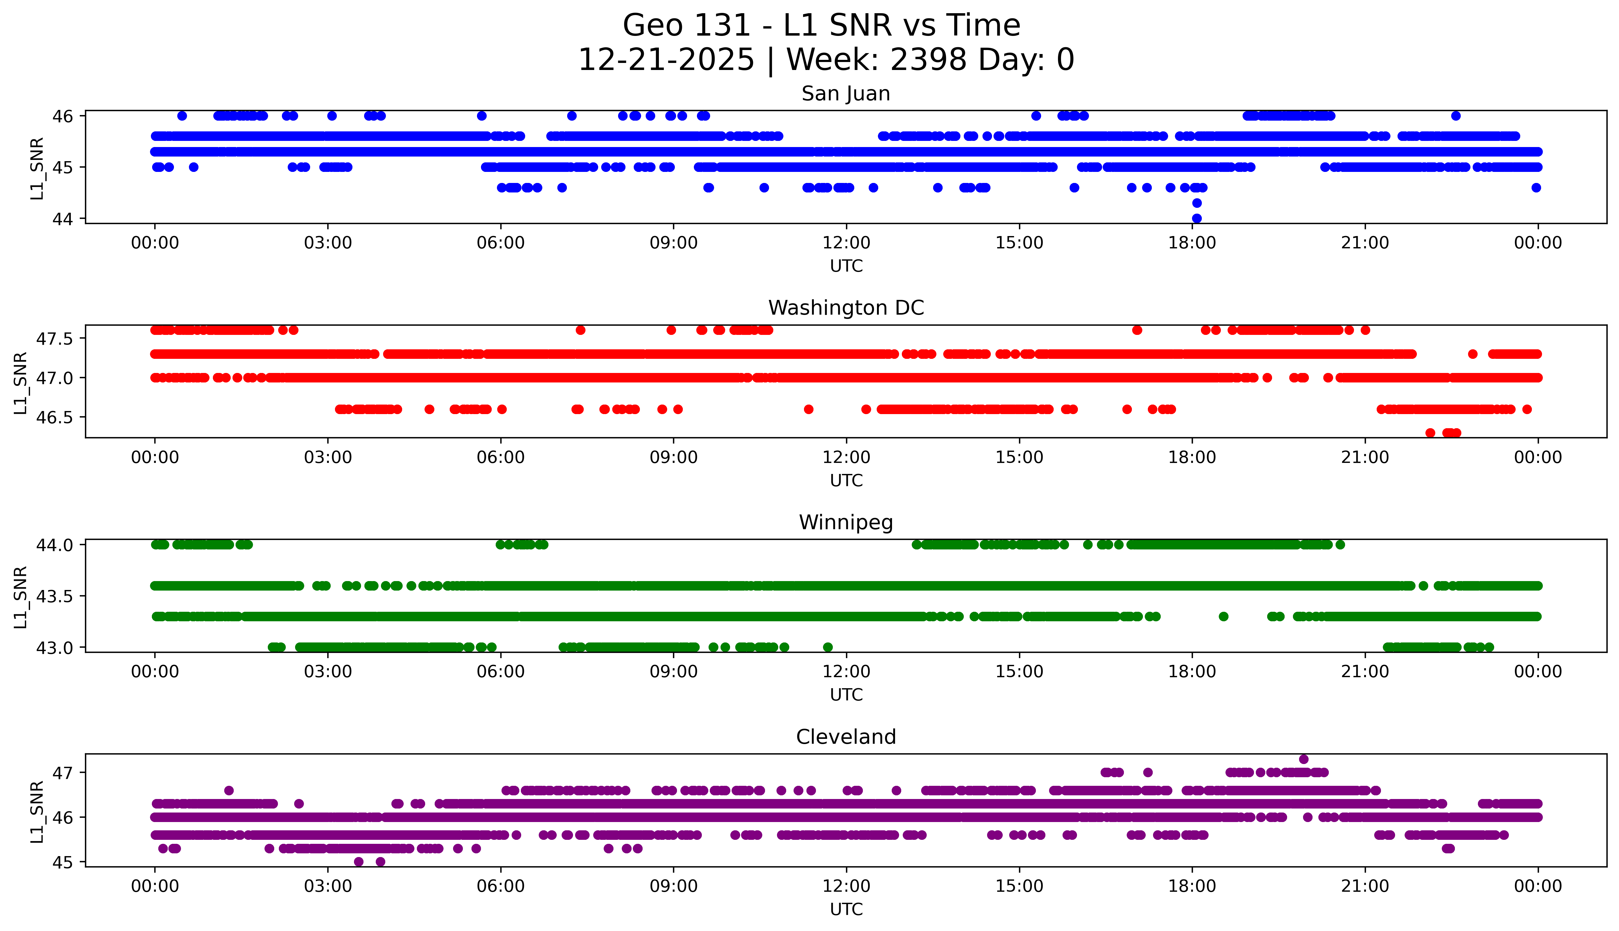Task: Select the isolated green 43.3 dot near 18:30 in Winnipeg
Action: pyautogui.click(x=1223, y=616)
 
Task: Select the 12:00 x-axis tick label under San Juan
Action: pyautogui.click(x=846, y=243)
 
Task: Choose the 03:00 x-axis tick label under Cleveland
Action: pyautogui.click(x=328, y=886)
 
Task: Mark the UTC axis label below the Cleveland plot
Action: pyautogui.click(x=846, y=909)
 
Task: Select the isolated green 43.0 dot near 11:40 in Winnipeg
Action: pyautogui.click(x=827, y=647)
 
